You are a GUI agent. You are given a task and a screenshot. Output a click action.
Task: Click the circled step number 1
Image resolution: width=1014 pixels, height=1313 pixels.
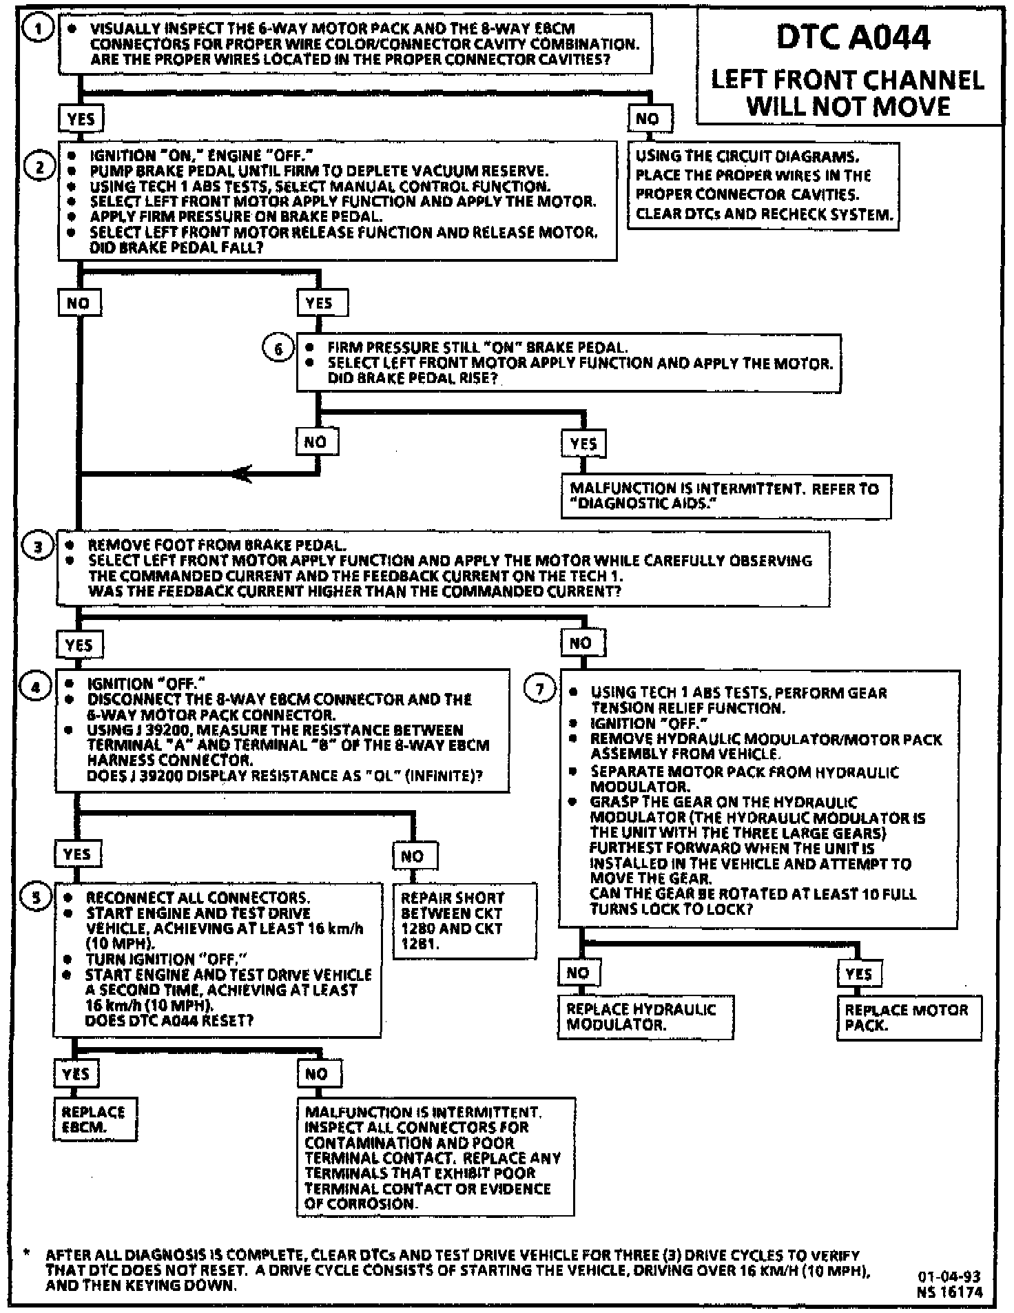39,29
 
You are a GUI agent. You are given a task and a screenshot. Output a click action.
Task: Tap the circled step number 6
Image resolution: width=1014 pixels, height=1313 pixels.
279,349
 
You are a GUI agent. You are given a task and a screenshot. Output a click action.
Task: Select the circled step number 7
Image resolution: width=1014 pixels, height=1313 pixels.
541,689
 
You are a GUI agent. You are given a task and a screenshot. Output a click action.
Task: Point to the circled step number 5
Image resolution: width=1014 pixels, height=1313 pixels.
37,896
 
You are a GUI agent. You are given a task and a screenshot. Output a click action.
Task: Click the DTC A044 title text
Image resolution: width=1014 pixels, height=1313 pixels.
853,37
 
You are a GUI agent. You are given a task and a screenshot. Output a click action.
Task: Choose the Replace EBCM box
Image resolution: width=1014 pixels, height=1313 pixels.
94,1119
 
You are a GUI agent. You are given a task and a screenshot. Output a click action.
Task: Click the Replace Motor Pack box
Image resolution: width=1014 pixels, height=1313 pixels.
909,1017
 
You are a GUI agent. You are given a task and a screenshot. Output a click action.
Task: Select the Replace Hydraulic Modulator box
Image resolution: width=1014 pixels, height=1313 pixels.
645,1017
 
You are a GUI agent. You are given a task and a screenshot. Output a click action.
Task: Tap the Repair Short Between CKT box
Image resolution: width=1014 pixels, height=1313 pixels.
464,920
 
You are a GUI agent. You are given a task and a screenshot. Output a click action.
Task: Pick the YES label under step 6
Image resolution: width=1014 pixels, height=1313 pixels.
583,444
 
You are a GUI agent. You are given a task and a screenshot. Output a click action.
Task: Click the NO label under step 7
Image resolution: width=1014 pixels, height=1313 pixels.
579,973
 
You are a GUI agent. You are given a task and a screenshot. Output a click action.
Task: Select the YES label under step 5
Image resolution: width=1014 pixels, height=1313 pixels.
76,1073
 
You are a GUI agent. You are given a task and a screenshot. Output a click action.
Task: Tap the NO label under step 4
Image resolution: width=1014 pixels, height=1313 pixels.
413,856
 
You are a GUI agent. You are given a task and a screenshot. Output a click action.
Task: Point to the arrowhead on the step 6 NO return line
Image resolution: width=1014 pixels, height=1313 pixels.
241,474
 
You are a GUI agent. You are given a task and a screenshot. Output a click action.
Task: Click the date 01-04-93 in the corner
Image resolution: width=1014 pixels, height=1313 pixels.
949,1276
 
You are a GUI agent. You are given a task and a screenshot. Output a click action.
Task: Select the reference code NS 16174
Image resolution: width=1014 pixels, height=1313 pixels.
949,1292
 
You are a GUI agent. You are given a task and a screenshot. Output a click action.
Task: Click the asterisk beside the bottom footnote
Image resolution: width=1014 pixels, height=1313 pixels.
26,1254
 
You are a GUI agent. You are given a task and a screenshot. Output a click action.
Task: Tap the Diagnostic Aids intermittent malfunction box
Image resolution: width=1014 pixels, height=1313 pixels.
725,496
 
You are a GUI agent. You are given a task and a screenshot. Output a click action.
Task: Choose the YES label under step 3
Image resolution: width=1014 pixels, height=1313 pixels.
79,645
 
